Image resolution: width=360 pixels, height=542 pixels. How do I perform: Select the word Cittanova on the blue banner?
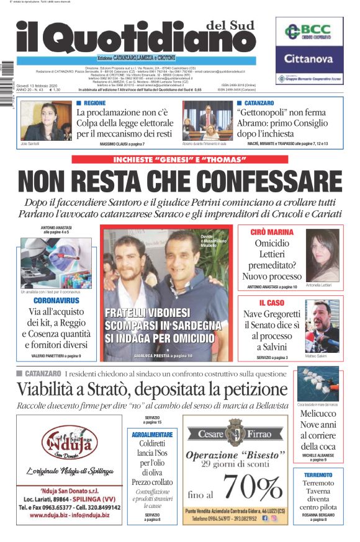tap(309, 59)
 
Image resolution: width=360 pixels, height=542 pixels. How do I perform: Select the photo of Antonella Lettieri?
tap(322, 255)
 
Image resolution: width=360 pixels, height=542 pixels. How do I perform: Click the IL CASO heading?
tap(271, 303)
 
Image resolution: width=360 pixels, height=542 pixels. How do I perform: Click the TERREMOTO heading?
tap(318, 475)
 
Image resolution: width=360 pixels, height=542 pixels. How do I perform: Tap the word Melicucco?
tap(318, 414)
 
